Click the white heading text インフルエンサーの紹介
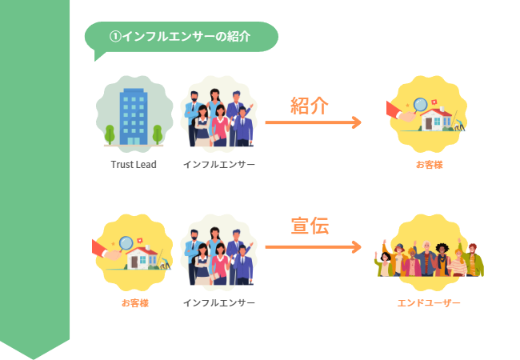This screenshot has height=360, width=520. (x=186, y=37)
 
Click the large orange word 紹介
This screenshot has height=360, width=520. (x=310, y=106)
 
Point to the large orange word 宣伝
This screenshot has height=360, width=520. (x=310, y=226)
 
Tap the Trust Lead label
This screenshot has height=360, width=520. (x=134, y=165)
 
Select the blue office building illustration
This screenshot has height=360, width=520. (x=134, y=116)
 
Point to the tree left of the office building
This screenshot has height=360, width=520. (x=108, y=134)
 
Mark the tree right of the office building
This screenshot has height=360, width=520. (x=158, y=134)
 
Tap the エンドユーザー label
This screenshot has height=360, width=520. (x=429, y=303)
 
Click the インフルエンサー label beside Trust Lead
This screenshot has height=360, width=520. (x=219, y=165)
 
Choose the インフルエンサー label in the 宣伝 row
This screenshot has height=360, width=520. (x=219, y=303)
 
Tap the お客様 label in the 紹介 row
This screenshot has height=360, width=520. (x=429, y=165)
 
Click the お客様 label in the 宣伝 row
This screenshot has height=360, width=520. (x=134, y=303)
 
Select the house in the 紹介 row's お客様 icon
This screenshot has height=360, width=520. (x=438, y=120)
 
